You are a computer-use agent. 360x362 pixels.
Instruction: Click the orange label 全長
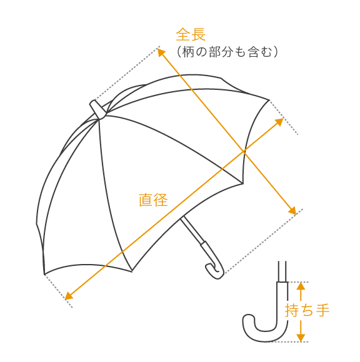pyautogui.click(x=191, y=34)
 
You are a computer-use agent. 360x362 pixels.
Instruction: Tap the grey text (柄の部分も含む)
pyautogui.click(x=227, y=52)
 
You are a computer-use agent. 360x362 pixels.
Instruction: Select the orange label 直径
pyautogui.click(x=153, y=200)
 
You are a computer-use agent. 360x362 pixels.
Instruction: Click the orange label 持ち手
pyautogui.click(x=307, y=310)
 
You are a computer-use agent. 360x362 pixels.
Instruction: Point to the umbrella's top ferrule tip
pyautogui.click(x=93, y=102)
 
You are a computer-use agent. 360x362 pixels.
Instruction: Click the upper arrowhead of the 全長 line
pyautogui.click(x=161, y=52)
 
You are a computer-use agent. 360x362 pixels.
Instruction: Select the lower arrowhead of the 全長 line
pyautogui.click(x=292, y=210)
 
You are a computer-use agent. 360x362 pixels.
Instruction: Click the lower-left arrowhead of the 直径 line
pyautogui.click(x=69, y=296)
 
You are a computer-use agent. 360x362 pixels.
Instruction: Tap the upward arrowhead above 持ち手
pyautogui.click(x=301, y=286)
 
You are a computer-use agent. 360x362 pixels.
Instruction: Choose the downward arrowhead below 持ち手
pyautogui.click(x=301, y=338)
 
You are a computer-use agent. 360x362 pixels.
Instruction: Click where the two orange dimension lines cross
pyautogui.click(x=244, y=151)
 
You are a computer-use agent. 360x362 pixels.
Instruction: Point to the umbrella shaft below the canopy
pyautogui.click(x=192, y=229)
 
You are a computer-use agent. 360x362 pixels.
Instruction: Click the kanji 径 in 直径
pyautogui.click(x=161, y=200)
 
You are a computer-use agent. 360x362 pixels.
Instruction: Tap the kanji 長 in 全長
pyautogui.click(x=198, y=34)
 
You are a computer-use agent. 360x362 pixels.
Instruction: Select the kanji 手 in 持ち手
pyautogui.click(x=322, y=310)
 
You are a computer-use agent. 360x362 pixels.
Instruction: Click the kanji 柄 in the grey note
pyautogui.click(x=188, y=52)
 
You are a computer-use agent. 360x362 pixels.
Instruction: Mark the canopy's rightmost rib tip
pyautogui.click(x=269, y=100)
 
